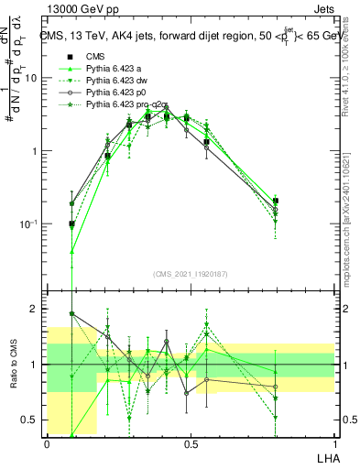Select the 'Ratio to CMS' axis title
tap(14, 365)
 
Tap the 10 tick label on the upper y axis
tap(30, 78)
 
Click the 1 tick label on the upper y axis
tap(34, 151)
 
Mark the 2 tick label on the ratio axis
tap(34, 309)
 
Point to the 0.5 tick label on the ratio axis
tap(29, 420)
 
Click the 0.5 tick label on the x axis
tap(191, 443)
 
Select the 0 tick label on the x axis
tap(48, 443)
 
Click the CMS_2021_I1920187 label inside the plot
tap(190, 272)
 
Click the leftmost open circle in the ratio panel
tap(72, 313)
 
